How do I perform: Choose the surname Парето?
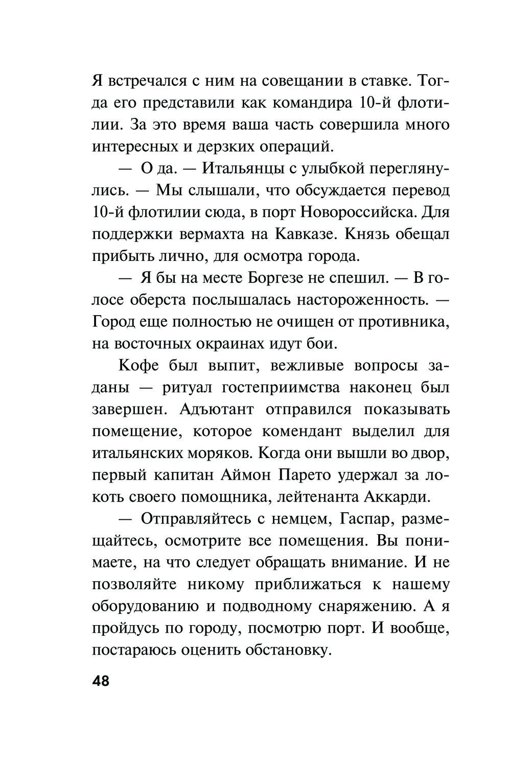pyautogui.click(x=306, y=475)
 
